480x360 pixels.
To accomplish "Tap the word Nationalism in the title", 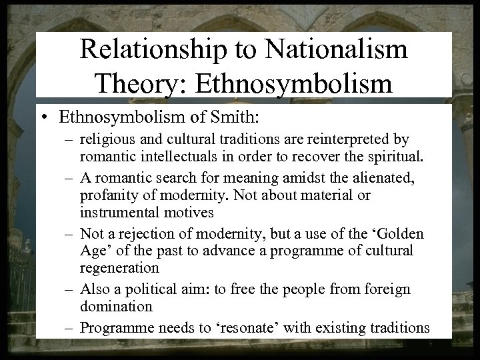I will (x=345, y=51).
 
